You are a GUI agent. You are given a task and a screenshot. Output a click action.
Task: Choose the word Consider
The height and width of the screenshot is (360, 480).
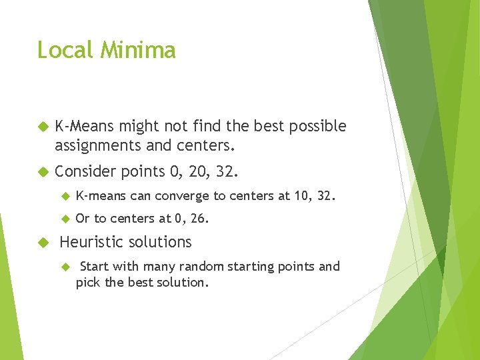tap(85, 171)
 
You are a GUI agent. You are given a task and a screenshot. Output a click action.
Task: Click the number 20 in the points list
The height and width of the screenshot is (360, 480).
tap(197, 171)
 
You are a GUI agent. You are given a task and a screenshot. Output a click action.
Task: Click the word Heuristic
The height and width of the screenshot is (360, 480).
tap(91, 242)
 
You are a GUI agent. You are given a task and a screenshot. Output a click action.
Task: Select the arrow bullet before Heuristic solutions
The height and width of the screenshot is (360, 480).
tap(44, 242)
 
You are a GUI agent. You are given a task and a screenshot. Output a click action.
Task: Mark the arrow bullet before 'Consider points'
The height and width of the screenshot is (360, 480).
tap(44, 171)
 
